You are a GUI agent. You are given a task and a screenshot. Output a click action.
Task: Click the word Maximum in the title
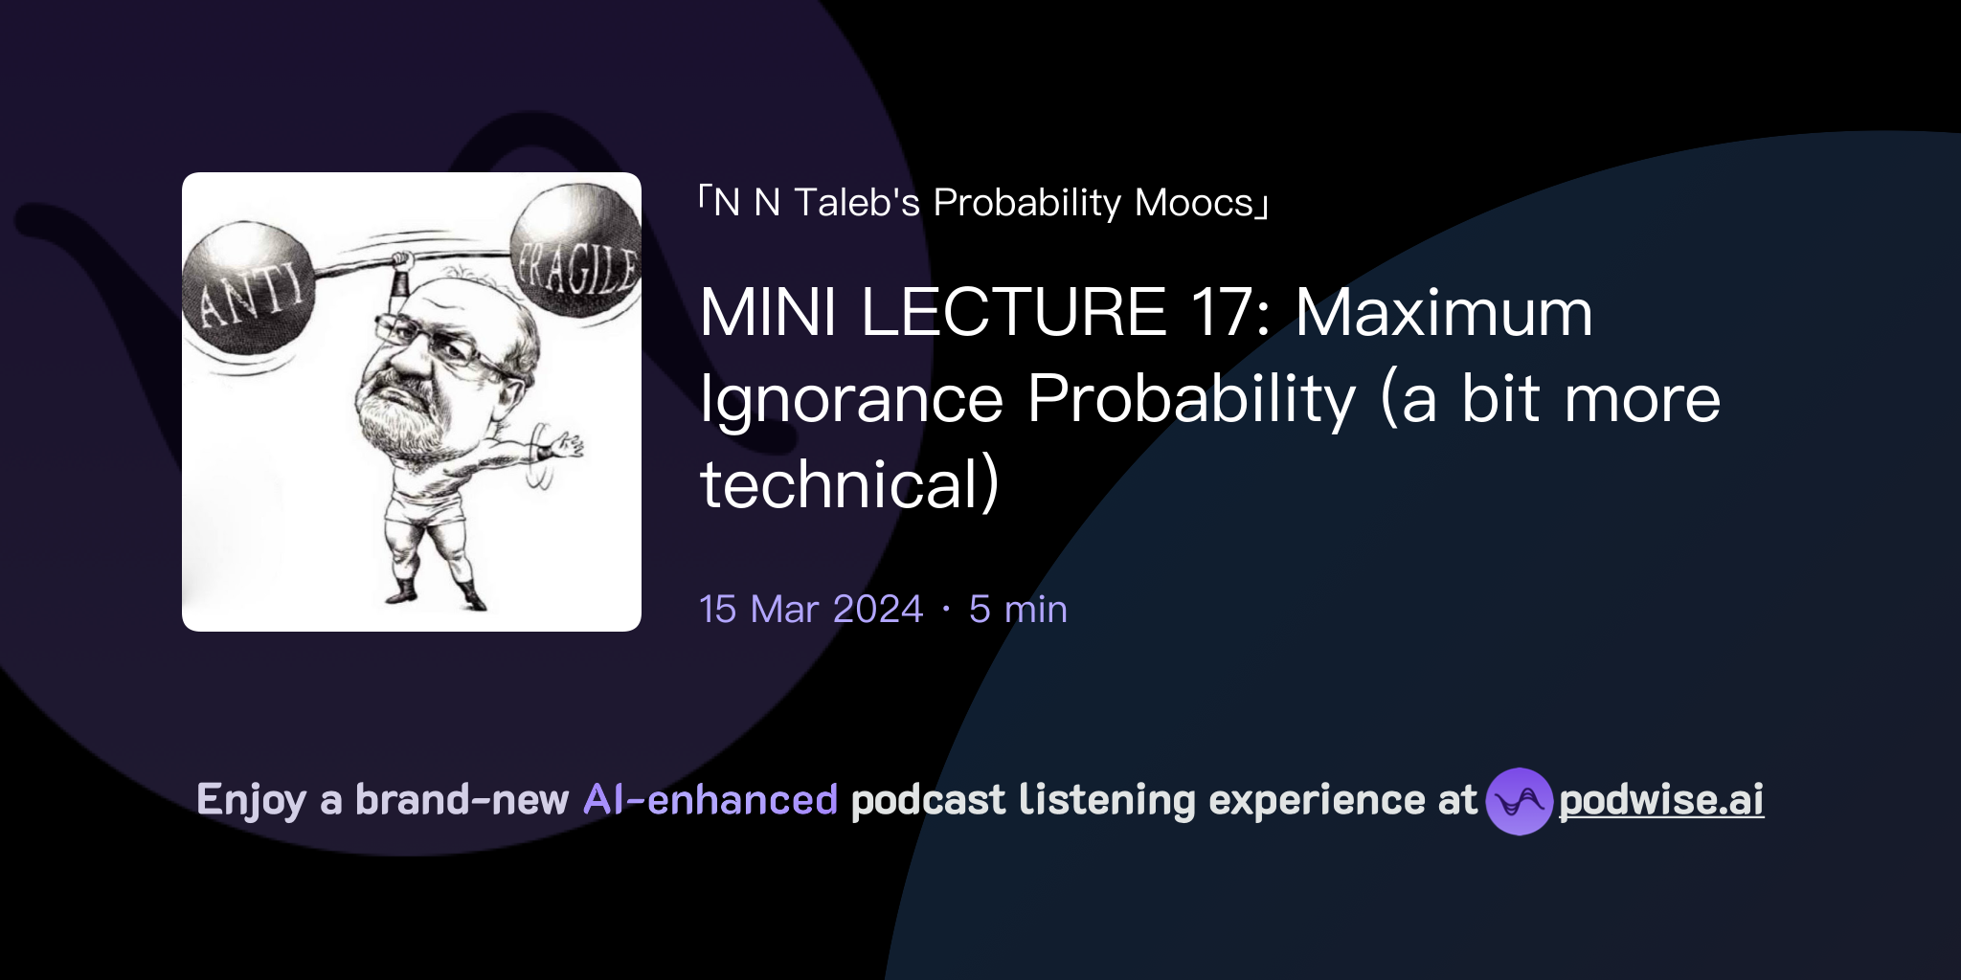[1444, 312]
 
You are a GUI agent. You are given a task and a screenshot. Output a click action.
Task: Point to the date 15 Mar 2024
[811, 609]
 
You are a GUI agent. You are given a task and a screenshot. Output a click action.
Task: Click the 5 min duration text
[1018, 609]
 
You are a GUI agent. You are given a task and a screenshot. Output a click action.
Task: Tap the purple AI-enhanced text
[710, 800]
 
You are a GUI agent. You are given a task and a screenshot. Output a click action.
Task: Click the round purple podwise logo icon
[1519, 801]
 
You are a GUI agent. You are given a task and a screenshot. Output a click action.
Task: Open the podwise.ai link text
[1661, 800]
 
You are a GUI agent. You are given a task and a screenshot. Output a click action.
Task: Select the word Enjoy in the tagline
[251, 800]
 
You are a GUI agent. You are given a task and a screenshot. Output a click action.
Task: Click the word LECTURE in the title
[1013, 312]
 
